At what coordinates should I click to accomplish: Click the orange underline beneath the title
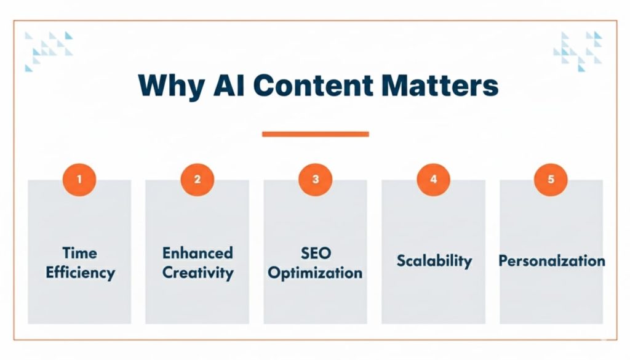pyautogui.click(x=315, y=134)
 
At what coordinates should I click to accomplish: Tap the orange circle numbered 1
pyautogui.click(x=79, y=179)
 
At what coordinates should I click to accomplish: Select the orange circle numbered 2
pyautogui.click(x=197, y=179)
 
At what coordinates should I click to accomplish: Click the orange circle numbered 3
pyautogui.click(x=315, y=179)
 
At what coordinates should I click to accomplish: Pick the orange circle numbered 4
pyautogui.click(x=434, y=179)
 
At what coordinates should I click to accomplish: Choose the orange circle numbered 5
pyautogui.click(x=551, y=179)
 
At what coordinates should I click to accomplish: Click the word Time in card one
pyautogui.click(x=79, y=253)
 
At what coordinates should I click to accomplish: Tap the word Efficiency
pyautogui.click(x=79, y=272)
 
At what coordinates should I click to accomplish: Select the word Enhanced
pyautogui.click(x=197, y=253)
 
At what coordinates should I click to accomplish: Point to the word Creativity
pyautogui.click(x=197, y=272)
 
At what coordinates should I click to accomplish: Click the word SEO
pyautogui.click(x=315, y=253)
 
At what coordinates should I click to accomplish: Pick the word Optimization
pyautogui.click(x=315, y=272)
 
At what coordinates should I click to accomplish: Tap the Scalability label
pyautogui.click(x=434, y=260)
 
